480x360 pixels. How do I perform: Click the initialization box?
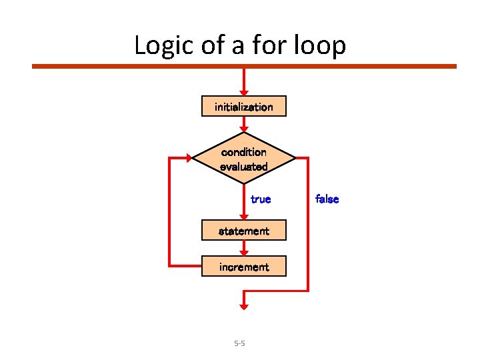click(x=244, y=107)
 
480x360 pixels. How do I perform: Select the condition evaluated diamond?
click(x=244, y=159)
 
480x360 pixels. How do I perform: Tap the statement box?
click(x=244, y=231)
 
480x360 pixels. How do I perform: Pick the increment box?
click(x=244, y=267)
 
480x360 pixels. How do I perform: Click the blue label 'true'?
click(x=261, y=199)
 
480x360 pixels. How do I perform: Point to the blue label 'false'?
click(x=327, y=199)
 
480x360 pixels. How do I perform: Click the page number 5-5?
click(x=239, y=343)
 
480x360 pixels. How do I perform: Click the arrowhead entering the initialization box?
click(x=244, y=93)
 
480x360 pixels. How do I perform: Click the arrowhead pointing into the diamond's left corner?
click(x=189, y=159)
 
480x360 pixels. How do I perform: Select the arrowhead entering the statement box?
click(x=244, y=218)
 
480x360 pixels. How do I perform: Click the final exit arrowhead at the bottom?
click(x=244, y=305)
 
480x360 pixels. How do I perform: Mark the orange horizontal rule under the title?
click(x=244, y=66)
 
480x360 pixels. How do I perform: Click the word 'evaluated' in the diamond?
click(x=244, y=167)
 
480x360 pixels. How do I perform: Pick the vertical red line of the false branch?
click(x=309, y=224)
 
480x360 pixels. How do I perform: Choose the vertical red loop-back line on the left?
click(x=170, y=212)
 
